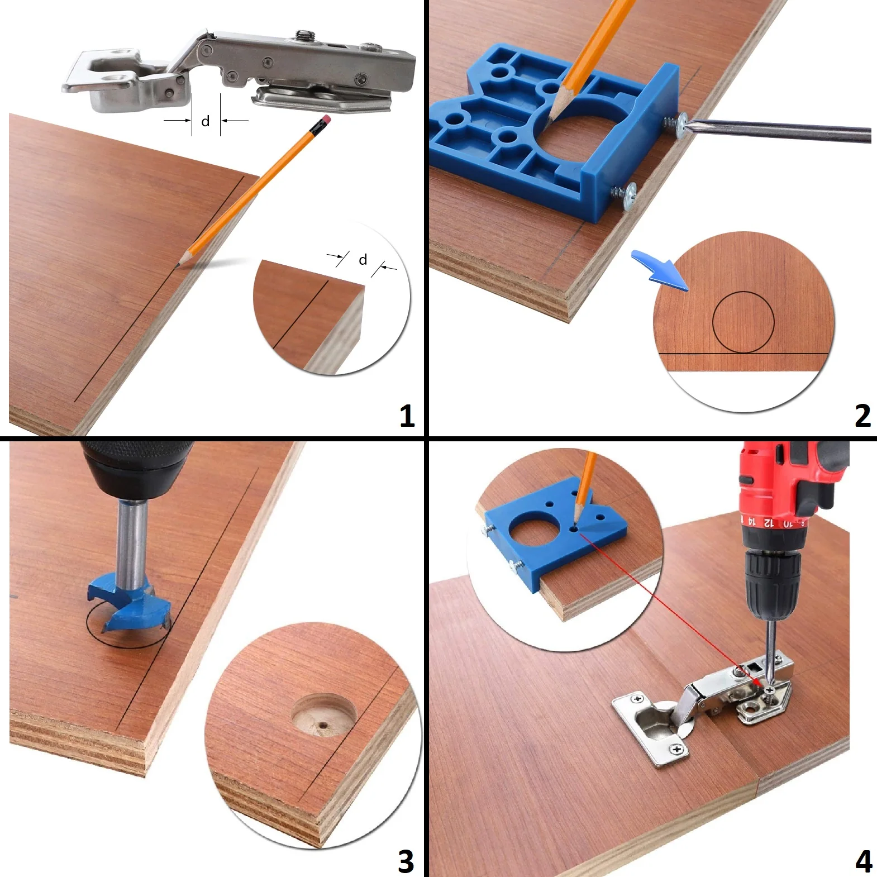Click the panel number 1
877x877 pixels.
[x=407, y=416]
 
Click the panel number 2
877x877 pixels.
[x=862, y=416]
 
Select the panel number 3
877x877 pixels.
[x=406, y=861]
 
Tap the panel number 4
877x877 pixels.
[x=864, y=861]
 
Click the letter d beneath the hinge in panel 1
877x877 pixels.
[x=206, y=121]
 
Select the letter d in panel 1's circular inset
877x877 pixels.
[x=363, y=259]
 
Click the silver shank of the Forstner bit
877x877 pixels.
[x=132, y=542]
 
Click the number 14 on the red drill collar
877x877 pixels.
[x=752, y=522]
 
